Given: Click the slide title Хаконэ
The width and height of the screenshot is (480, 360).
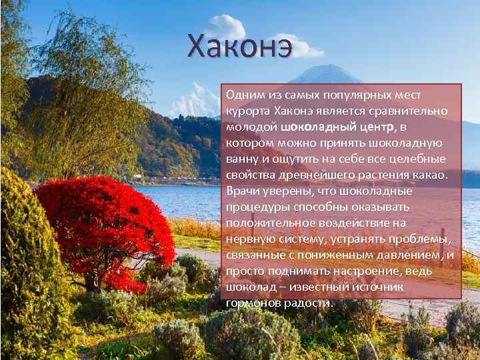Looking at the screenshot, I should point(239,46).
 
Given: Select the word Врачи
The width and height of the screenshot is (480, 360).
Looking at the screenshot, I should point(243,191).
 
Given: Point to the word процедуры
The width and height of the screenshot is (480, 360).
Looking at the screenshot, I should point(255,207).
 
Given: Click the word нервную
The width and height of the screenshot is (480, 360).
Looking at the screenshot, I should point(250,239).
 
